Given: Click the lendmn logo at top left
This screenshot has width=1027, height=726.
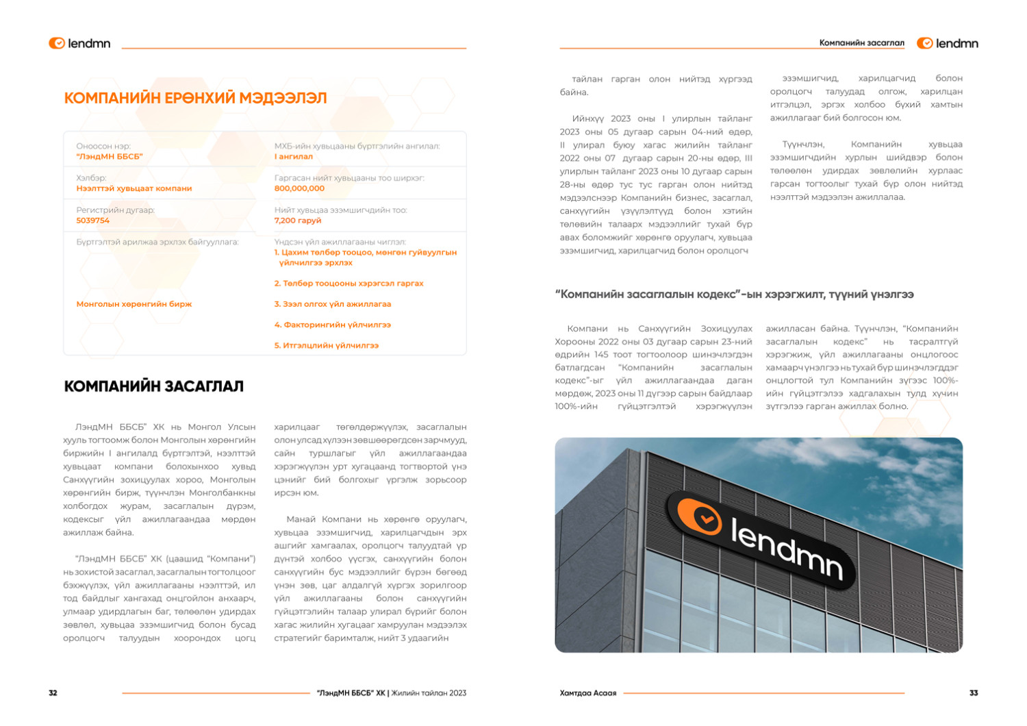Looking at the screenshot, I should coord(79,43).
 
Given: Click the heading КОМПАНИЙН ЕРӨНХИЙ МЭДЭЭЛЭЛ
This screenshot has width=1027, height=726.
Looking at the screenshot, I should coord(195,98).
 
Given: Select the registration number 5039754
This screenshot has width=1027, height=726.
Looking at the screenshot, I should coord(92,221).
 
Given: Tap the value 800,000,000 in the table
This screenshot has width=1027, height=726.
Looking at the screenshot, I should coord(299,188).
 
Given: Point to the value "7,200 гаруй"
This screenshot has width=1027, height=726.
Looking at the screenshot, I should coord(297,221).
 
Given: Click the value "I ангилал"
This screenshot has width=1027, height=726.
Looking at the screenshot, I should coord(293,157).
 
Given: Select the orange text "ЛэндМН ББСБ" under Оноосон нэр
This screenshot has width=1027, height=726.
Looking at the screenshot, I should coord(110,157).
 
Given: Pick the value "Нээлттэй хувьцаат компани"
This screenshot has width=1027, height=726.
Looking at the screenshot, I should coord(134,188).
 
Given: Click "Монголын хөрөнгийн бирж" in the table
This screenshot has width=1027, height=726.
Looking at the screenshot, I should coord(134,304).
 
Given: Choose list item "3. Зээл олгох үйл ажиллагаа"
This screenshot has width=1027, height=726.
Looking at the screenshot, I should coord(333,304).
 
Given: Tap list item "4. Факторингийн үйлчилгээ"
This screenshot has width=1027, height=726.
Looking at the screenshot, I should coord(333,325).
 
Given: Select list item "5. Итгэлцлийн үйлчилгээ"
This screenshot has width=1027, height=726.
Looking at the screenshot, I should coord(327,346).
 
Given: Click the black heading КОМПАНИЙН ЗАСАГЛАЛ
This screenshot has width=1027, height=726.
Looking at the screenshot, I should coord(154,386).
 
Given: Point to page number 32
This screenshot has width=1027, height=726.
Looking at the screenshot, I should coord(53,693).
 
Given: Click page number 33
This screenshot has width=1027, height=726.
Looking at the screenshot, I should coord(974,693).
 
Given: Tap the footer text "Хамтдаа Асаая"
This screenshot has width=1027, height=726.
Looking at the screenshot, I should coord(587,693).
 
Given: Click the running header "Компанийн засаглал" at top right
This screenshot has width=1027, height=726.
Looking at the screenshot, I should coord(861,43).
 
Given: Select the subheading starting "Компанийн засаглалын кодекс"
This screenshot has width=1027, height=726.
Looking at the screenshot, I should coord(734,295).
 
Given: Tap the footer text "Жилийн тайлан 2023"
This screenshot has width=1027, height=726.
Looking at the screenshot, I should coord(429,693).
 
